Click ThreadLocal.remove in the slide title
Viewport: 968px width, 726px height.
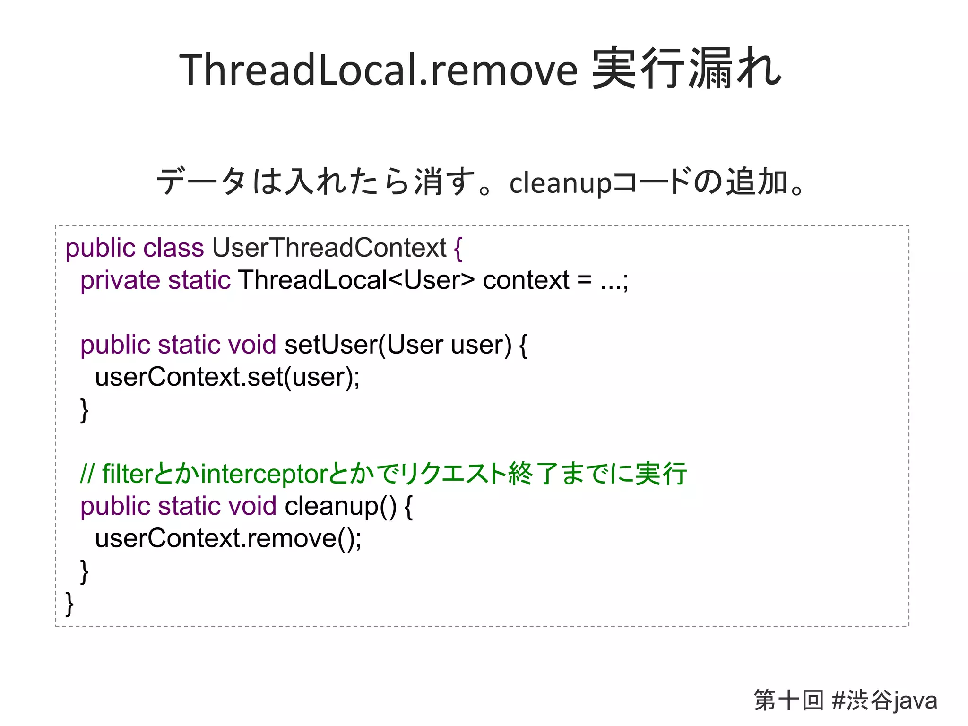[378, 70]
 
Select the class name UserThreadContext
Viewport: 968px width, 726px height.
[329, 248]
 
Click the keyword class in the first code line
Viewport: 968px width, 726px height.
[173, 248]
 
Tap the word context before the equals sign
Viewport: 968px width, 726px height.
[526, 280]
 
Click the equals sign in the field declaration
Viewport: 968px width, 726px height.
[584, 280]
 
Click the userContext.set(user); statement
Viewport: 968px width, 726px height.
[227, 377]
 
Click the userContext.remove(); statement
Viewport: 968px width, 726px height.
[228, 538]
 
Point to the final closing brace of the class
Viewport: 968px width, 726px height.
[69, 604]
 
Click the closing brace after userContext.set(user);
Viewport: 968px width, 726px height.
[84, 410]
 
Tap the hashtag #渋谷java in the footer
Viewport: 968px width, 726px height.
[884, 700]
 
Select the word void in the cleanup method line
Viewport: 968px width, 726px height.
[252, 506]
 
